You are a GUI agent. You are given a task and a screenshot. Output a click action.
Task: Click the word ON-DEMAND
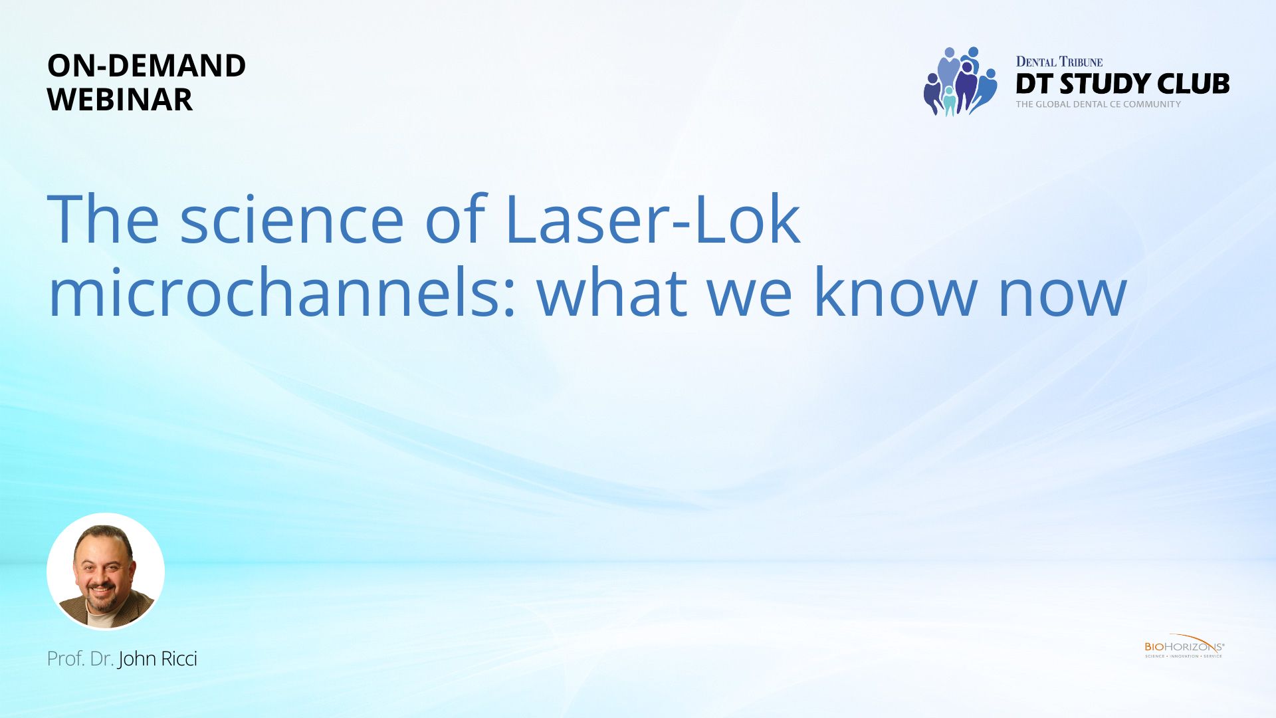pos(146,66)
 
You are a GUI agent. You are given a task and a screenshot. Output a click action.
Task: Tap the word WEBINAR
pos(120,100)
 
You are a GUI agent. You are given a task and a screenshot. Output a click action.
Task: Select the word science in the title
pos(292,219)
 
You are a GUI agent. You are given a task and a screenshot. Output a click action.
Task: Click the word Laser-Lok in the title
pos(653,219)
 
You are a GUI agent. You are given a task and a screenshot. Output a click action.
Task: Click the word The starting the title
pos(104,219)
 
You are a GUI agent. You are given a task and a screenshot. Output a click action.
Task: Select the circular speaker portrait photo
pos(106,571)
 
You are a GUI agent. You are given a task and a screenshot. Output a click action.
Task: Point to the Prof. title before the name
pos(66,659)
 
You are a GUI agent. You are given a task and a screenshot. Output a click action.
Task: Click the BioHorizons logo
pos(1184,646)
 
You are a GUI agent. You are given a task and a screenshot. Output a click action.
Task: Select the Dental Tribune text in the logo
pos(1059,62)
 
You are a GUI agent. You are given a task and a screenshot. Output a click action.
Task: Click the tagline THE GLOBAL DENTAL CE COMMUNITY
pos(1099,104)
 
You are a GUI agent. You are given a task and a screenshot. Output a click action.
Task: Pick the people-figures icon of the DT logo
pos(960,81)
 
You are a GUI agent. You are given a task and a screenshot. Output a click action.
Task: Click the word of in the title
pos(456,219)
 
